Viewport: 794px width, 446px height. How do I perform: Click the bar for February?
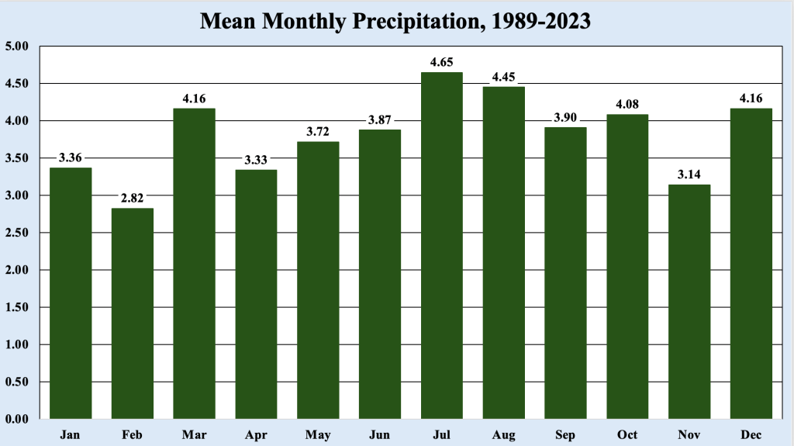coord(133,313)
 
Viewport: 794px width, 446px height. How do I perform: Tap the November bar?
coord(689,302)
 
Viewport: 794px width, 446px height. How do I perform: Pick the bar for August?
coord(504,253)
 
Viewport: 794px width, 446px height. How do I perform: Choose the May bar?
coord(318,280)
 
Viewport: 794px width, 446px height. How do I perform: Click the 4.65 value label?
coord(442,61)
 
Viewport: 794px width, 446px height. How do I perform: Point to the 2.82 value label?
coord(133,198)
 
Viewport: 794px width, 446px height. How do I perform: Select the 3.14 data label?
coord(689,174)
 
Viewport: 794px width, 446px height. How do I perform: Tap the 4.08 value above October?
coord(627,104)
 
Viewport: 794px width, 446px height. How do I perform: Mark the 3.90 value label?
coord(565,117)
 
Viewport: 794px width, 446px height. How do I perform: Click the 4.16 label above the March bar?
coord(195,98)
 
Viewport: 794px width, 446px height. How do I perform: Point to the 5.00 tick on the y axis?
coord(16,47)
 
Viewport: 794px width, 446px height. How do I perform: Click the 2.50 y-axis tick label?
coord(16,233)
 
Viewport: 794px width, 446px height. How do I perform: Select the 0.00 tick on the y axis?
coord(16,419)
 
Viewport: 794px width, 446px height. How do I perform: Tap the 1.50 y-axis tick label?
coord(16,307)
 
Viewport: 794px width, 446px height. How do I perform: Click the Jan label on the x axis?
coord(71,434)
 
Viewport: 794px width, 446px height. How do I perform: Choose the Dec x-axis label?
coord(751,434)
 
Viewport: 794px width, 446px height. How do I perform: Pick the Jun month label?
coord(380,434)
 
